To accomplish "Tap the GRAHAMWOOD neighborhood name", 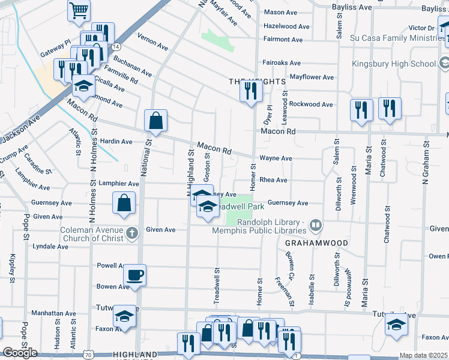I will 309,243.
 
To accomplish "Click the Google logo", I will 20,353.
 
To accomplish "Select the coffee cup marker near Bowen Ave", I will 134,275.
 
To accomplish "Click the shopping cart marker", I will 79,10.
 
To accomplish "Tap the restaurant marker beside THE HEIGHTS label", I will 250,91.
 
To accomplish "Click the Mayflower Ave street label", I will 312,77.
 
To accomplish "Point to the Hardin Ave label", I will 116,142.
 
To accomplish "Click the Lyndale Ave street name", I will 50,247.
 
